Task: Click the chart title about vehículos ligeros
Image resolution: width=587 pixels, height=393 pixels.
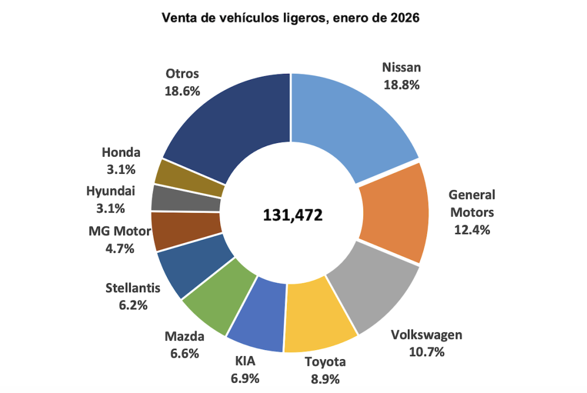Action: click(x=291, y=18)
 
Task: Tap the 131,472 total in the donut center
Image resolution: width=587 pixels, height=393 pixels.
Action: click(x=293, y=215)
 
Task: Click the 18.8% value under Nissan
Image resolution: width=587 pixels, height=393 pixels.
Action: click(x=401, y=84)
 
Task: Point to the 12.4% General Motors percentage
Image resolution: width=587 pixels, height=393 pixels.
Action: click(x=471, y=230)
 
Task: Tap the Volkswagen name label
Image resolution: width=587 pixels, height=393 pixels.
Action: click(x=426, y=335)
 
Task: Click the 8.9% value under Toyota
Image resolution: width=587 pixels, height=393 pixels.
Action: click(x=325, y=379)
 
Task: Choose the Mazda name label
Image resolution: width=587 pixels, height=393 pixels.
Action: click(x=184, y=336)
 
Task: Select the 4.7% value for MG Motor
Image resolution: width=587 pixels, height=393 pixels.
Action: click(x=119, y=248)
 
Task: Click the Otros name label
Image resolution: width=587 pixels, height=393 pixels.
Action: click(x=182, y=74)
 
